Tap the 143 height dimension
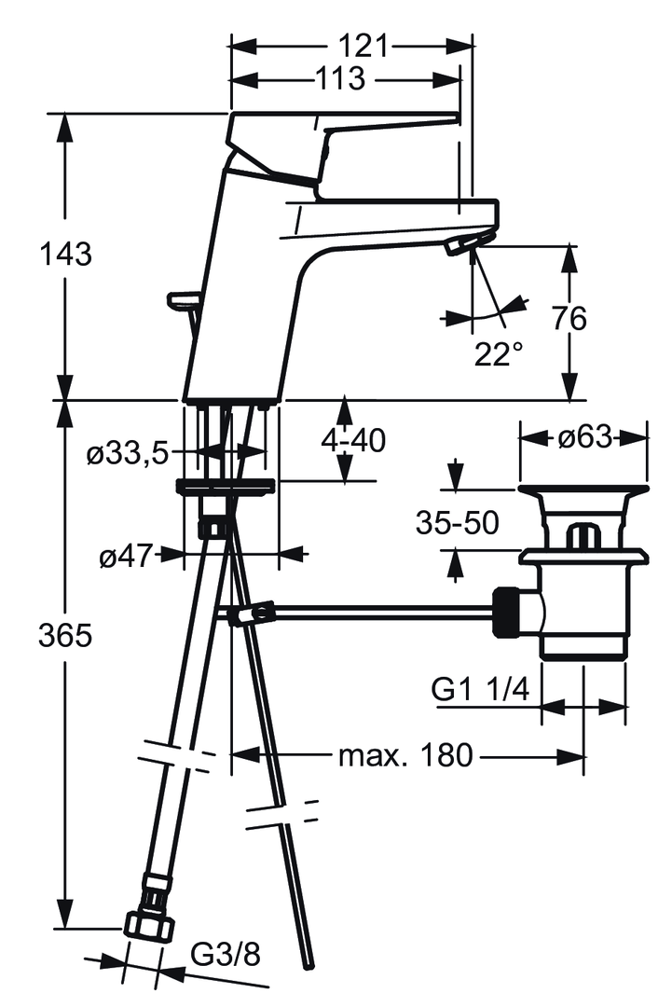pyautogui.click(x=65, y=254)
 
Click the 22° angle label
pyautogui.click(x=498, y=354)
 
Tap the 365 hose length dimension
pyautogui.click(x=65, y=637)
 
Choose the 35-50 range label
pyautogui.click(x=457, y=523)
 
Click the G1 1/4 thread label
pyautogui.click(x=480, y=690)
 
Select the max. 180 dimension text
pyautogui.click(x=405, y=755)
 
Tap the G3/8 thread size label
pyautogui.click(x=223, y=954)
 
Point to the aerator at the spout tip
pyautogui.click(x=463, y=244)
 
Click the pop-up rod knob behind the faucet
pyautogui.click(x=183, y=299)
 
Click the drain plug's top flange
pyautogui.click(x=583, y=490)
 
